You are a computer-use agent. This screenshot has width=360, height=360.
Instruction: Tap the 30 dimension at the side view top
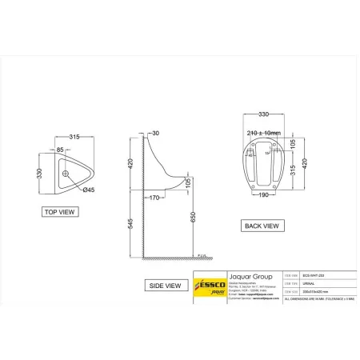155,134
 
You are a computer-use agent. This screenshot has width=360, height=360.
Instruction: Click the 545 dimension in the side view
134,226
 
